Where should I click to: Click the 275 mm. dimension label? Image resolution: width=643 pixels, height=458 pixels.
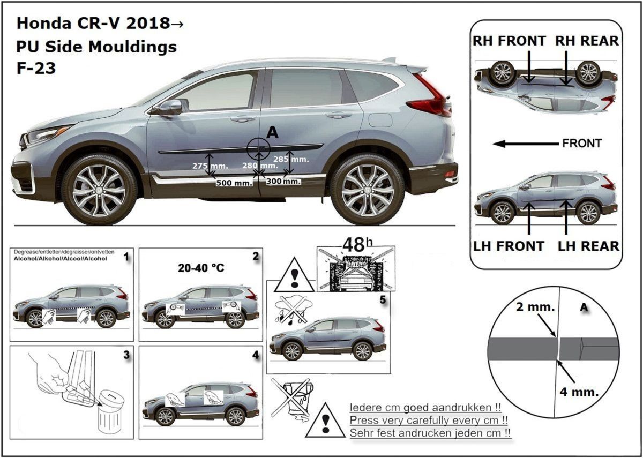[x=210, y=166]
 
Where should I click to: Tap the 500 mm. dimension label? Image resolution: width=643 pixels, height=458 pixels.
[x=234, y=183]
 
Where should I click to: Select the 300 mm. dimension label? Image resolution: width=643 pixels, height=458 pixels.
[x=283, y=182]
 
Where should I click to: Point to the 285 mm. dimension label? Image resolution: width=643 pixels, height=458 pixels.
[x=291, y=159]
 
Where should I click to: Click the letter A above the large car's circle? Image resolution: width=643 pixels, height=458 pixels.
[x=272, y=133]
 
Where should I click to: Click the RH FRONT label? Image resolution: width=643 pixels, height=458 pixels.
[x=509, y=41]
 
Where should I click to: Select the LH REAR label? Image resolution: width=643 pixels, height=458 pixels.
[x=588, y=246]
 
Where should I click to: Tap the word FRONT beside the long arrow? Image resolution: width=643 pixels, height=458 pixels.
[x=582, y=143]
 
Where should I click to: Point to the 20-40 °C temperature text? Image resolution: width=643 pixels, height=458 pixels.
[x=201, y=268]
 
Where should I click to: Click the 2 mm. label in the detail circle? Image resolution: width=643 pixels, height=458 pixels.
[x=535, y=307]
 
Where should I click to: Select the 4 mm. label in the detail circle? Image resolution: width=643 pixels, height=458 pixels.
[x=579, y=392]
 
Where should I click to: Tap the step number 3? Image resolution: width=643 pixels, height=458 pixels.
[x=126, y=355]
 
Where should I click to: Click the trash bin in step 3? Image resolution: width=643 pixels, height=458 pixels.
[x=111, y=414]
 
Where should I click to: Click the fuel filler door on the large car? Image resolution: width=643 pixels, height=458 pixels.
[x=380, y=120]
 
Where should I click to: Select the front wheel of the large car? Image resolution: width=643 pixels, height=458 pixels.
[x=99, y=190]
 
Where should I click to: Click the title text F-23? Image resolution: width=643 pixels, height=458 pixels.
[x=36, y=69]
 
